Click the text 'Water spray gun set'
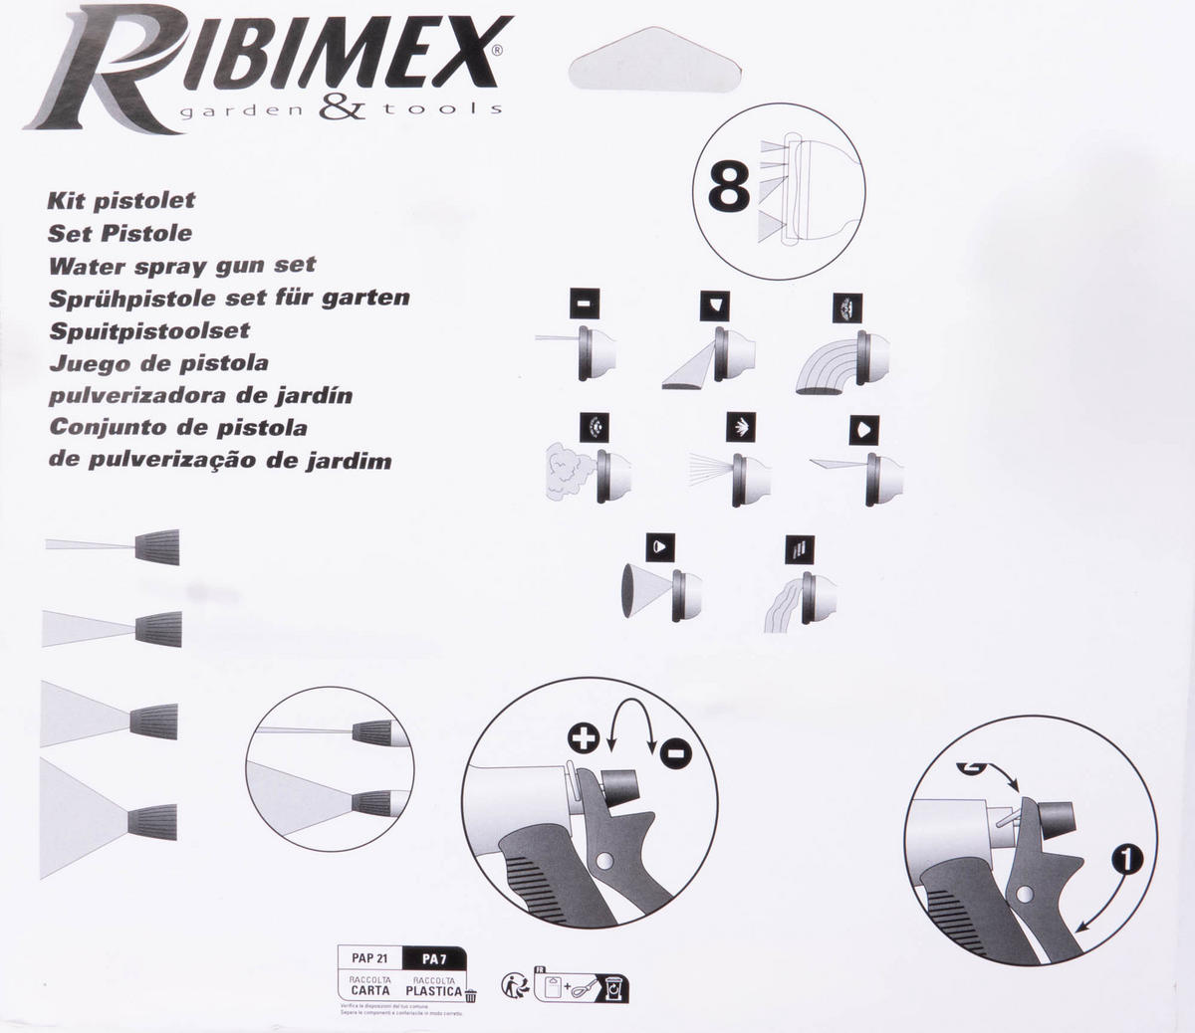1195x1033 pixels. [182, 266]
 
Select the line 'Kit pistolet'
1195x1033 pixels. [121, 200]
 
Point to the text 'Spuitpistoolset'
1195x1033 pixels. [148, 330]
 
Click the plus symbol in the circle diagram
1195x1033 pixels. [584, 737]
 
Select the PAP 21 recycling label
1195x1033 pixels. [369, 958]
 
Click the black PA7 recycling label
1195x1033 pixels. [433, 958]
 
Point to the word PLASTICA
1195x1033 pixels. [433, 991]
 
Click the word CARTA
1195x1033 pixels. [369, 991]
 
